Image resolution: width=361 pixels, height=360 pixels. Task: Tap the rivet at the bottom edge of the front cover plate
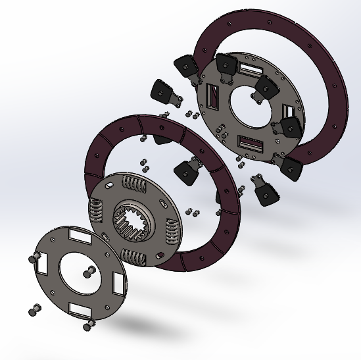[87, 324]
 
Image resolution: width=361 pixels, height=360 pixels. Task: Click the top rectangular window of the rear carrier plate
[251, 67]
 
